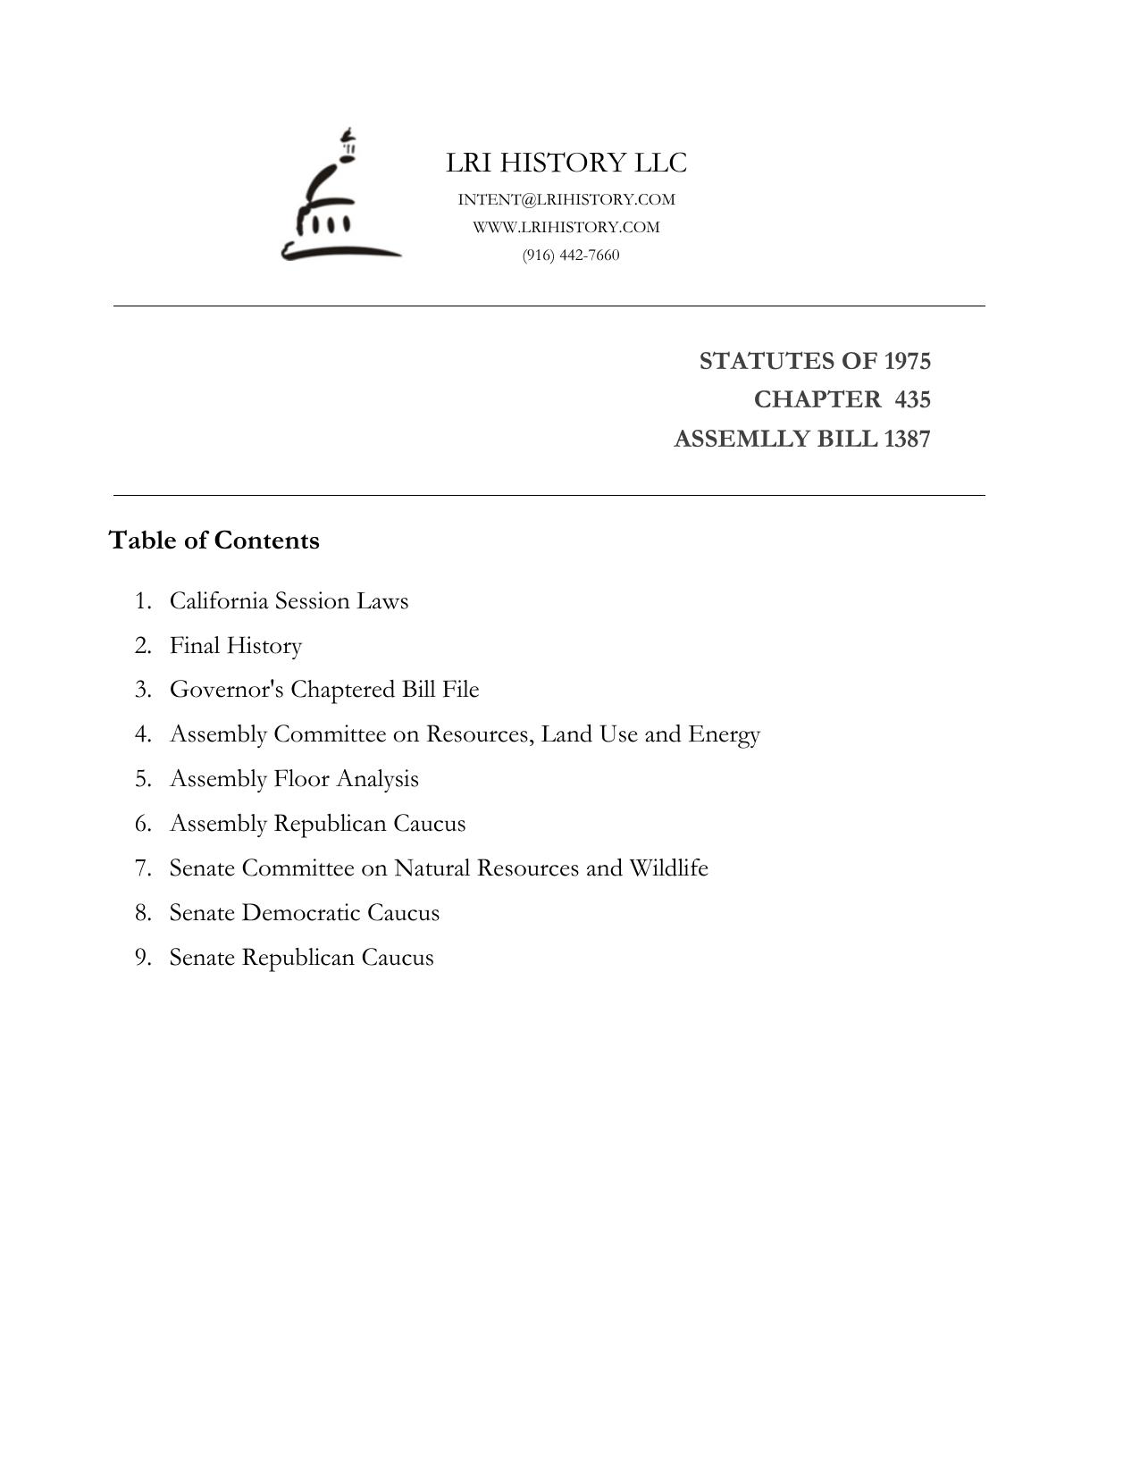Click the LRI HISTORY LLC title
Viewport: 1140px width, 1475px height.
coord(566,163)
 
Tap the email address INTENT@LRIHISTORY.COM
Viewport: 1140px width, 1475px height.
coord(566,199)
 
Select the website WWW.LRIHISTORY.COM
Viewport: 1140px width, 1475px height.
coord(566,227)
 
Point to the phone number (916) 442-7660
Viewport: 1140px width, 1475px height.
coord(571,255)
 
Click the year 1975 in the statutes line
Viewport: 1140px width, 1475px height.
coord(907,361)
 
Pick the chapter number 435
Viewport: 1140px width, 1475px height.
coord(912,399)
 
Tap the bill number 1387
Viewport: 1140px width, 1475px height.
coord(907,439)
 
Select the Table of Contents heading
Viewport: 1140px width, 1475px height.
coord(214,541)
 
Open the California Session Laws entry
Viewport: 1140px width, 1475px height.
coord(289,600)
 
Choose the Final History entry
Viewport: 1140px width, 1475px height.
coord(236,645)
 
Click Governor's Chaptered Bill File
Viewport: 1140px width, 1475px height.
coord(324,690)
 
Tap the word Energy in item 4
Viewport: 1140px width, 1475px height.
coord(724,734)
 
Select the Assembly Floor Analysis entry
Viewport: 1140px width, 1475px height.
coord(294,779)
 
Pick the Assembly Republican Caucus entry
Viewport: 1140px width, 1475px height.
coord(317,824)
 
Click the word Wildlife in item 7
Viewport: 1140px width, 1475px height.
coord(668,868)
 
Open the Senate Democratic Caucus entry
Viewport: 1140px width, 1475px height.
coord(305,913)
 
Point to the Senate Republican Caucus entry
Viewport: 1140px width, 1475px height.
coord(301,958)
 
